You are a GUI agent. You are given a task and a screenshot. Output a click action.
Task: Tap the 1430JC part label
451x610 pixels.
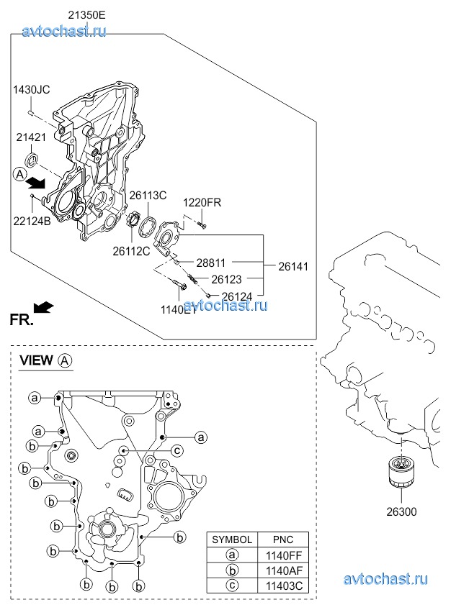pyautogui.click(x=31, y=90)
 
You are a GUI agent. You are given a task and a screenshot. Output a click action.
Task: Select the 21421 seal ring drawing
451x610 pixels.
pyautogui.click(x=34, y=159)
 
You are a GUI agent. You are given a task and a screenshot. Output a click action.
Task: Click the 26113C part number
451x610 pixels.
pyautogui.click(x=148, y=195)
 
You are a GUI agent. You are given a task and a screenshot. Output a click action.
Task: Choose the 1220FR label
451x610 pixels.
pyautogui.click(x=201, y=203)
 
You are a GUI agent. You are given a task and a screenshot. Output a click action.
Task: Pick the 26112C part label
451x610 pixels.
pyautogui.click(x=131, y=251)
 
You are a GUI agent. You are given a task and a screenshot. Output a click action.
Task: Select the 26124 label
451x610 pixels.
pyautogui.click(x=236, y=295)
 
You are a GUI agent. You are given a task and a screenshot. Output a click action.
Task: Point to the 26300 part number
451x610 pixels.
pyautogui.click(x=401, y=512)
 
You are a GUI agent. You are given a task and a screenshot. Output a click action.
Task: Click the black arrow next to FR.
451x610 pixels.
pyautogui.click(x=45, y=307)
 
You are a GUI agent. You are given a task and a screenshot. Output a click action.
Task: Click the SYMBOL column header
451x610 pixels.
pyautogui.click(x=231, y=540)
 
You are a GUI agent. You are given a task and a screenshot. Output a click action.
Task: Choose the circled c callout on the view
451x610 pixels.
pyautogui.click(x=175, y=450)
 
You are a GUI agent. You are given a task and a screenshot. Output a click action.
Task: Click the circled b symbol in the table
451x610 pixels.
pyautogui.click(x=231, y=570)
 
